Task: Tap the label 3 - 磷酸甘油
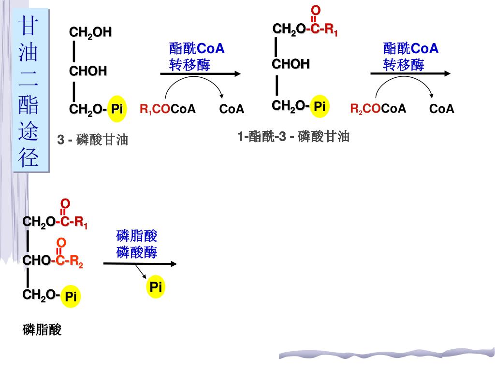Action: pos(93,140)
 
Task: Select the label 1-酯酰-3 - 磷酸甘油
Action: pos(293,137)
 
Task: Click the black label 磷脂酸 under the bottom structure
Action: pos(42,330)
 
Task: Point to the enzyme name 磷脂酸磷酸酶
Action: pos(137,244)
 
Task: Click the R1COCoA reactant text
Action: pos(168,109)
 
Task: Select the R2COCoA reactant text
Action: pos(378,109)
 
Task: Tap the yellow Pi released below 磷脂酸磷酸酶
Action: pos(155,287)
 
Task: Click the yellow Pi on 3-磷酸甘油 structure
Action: pos(116,109)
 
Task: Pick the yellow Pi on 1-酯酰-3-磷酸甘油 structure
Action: pos(319,106)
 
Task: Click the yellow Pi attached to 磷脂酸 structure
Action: pos(71,296)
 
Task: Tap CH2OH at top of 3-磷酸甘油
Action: pos(90,32)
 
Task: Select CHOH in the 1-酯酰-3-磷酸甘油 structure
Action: pos(291,64)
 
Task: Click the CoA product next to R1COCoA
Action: pos(232,109)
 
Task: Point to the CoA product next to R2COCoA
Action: pos(442,109)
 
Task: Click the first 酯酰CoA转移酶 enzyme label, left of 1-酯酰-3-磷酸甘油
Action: pos(197,57)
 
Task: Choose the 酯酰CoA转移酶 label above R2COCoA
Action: pos(410,57)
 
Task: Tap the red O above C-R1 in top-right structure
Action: pos(315,10)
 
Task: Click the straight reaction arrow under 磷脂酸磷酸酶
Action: pos(140,264)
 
